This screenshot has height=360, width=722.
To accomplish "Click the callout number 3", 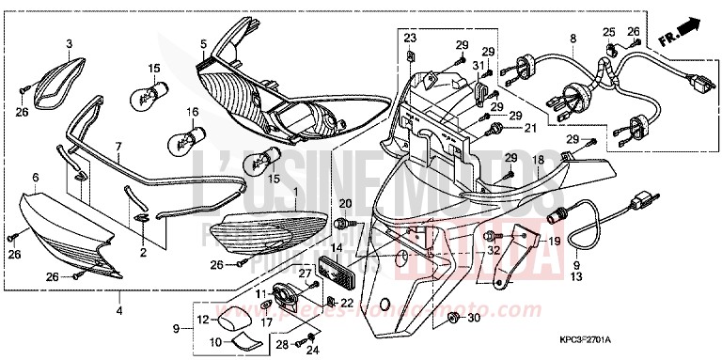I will click(69, 44).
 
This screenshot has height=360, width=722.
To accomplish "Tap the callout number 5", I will click(203, 43).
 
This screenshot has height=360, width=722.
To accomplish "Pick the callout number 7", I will click(119, 147).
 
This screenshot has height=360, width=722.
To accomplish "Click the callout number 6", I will click(35, 177).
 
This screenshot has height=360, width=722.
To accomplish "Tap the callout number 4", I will click(118, 310).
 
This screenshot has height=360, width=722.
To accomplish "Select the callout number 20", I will click(343, 204).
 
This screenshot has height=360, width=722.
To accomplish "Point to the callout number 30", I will click(472, 319).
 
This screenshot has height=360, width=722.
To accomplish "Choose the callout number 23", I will click(410, 37).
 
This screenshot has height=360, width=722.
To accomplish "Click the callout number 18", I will click(539, 161).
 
